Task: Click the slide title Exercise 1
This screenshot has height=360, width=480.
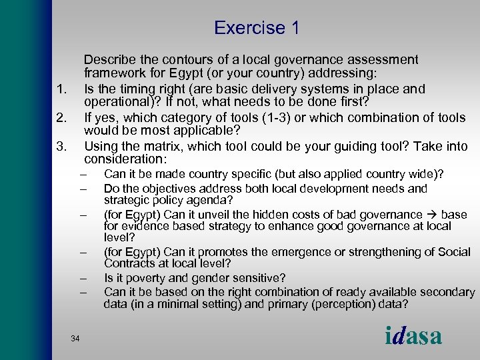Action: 257,28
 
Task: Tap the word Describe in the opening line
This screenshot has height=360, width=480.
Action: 109,60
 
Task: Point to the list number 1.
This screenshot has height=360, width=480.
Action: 61,89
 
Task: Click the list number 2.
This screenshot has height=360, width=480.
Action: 61,118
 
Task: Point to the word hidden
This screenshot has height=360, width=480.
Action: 301,215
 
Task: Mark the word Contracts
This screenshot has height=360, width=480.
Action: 129,264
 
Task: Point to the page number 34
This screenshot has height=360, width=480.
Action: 75,339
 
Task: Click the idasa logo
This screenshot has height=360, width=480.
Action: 413,335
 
